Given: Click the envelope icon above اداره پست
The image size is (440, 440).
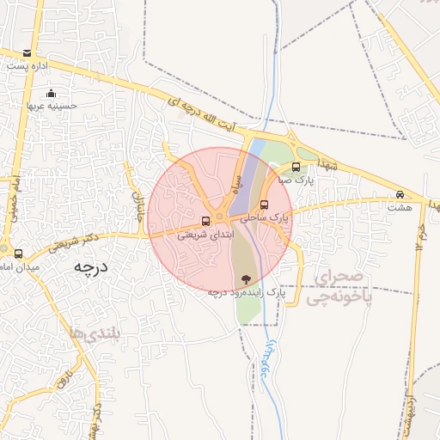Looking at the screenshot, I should (29, 53).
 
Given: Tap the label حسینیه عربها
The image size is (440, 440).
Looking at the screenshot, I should (52, 106).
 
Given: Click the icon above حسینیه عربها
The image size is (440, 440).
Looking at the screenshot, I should (52, 94).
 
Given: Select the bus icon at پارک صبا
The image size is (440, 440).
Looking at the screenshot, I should (296, 168).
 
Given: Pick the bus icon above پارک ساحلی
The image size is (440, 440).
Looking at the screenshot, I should (265, 205).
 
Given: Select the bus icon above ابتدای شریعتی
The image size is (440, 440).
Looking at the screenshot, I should (205, 220).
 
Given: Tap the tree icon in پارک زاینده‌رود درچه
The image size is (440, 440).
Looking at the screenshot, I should (247, 278).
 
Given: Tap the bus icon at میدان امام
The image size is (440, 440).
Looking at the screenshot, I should (18, 254).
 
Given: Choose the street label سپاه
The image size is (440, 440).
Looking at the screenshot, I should (235, 183).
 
